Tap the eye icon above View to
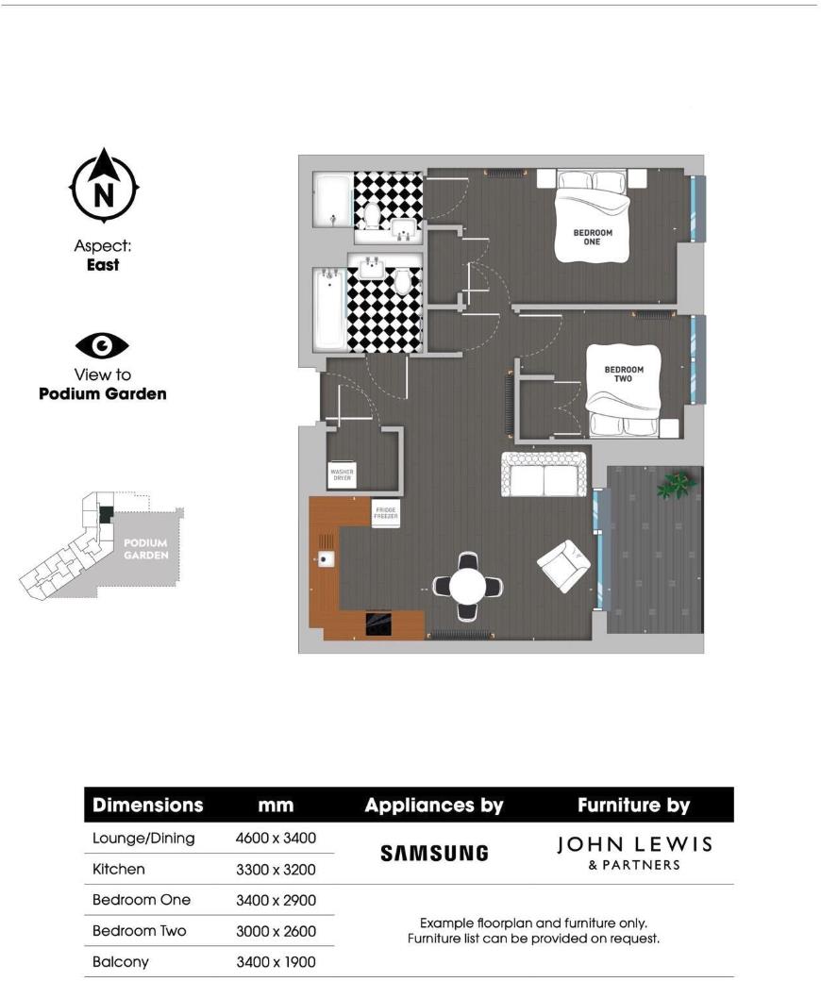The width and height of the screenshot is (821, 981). (x=102, y=346)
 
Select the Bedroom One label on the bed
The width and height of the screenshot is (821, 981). (x=593, y=237)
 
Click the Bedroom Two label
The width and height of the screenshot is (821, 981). (x=624, y=374)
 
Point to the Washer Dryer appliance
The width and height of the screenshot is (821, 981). (x=341, y=474)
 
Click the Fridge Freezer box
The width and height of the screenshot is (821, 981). (x=385, y=512)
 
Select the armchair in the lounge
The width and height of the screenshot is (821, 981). (x=563, y=566)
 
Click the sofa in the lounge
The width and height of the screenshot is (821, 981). (x=544, y=474)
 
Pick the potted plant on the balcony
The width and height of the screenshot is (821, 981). (x=676, y=485)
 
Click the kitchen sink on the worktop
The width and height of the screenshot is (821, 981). (x=327, y=559)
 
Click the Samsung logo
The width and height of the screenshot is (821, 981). (x=434, y=853)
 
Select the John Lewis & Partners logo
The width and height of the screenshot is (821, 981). (x=633, y=852)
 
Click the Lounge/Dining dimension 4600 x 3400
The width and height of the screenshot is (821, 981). (x=275, y=838)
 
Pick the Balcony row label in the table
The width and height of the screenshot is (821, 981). (x=121, y=962)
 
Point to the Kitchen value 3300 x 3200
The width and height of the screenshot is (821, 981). (x=275, y=869)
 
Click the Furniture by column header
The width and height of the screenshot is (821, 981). (x=633, y=806)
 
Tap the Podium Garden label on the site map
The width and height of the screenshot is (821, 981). (x=146, y=549)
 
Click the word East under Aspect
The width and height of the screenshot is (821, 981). (x=103, y=265)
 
